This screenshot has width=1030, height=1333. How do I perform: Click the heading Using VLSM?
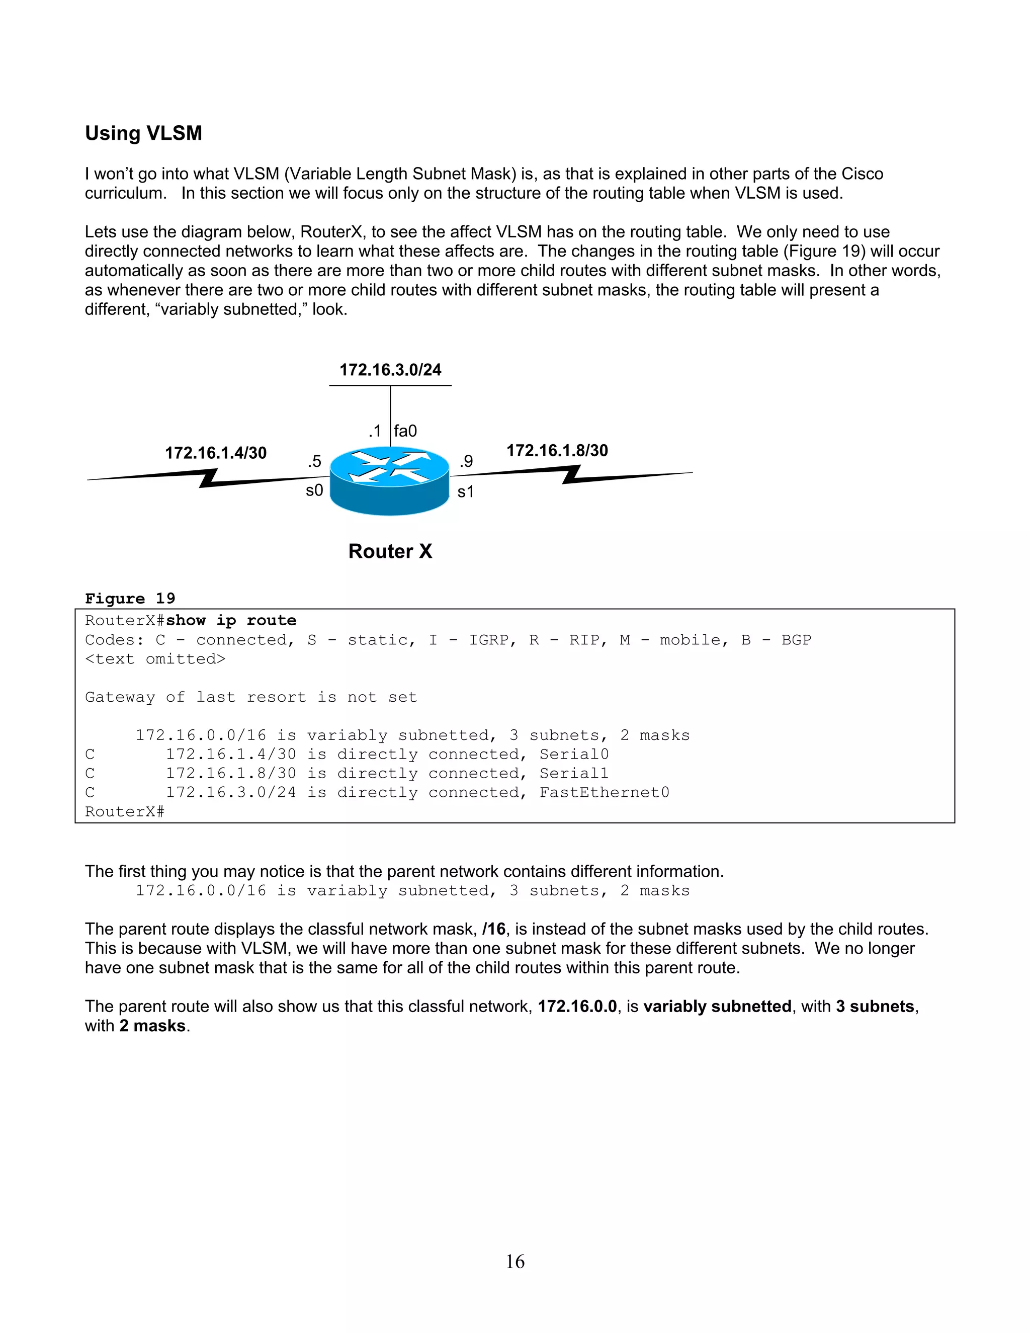[x=143, y=133]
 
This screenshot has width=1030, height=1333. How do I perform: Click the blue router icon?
[x=389, y=480]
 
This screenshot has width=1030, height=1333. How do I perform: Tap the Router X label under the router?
[x=390, y=551]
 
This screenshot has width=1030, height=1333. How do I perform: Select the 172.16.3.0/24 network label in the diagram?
[x=390, y=370]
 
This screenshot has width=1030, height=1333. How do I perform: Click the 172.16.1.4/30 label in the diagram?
[x=215, y=453]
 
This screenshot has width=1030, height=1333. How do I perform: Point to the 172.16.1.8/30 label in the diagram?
[x=557, y=450]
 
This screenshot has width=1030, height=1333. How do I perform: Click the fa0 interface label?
[x=405, y=431]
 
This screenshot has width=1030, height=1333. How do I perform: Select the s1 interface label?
[x=466, y=491]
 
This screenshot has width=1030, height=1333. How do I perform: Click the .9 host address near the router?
[x=466, y=461]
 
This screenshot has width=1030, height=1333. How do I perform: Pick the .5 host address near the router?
[x=314, y=461]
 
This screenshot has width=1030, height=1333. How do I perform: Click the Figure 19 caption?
[x=130, y=598]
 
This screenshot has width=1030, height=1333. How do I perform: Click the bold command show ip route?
[x=231, y=621]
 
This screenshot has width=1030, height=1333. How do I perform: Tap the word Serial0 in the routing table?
[x=573, y=755]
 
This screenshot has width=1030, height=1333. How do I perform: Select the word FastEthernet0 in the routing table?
[x=604, y=792]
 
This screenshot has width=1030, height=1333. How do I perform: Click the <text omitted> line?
[x=155, y=659]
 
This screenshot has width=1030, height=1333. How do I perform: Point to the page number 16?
[x=515, y=1262]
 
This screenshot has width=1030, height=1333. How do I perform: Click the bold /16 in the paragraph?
[x=494, y=929]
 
